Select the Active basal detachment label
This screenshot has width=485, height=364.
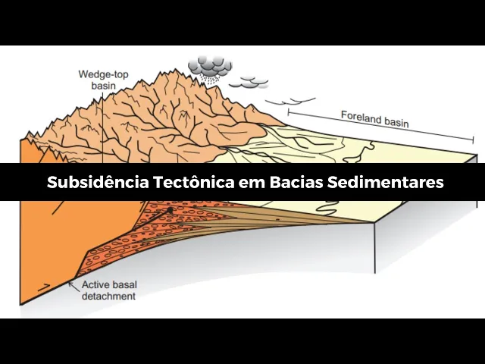click(108, 290)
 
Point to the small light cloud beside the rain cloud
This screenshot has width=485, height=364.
click(254, 81)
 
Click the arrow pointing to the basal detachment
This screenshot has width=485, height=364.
click(72, 284)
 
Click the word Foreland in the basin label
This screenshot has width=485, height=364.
click(357, 118)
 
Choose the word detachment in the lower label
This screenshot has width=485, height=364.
click(108, 297)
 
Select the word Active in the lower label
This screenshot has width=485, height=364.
click(95, 286)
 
